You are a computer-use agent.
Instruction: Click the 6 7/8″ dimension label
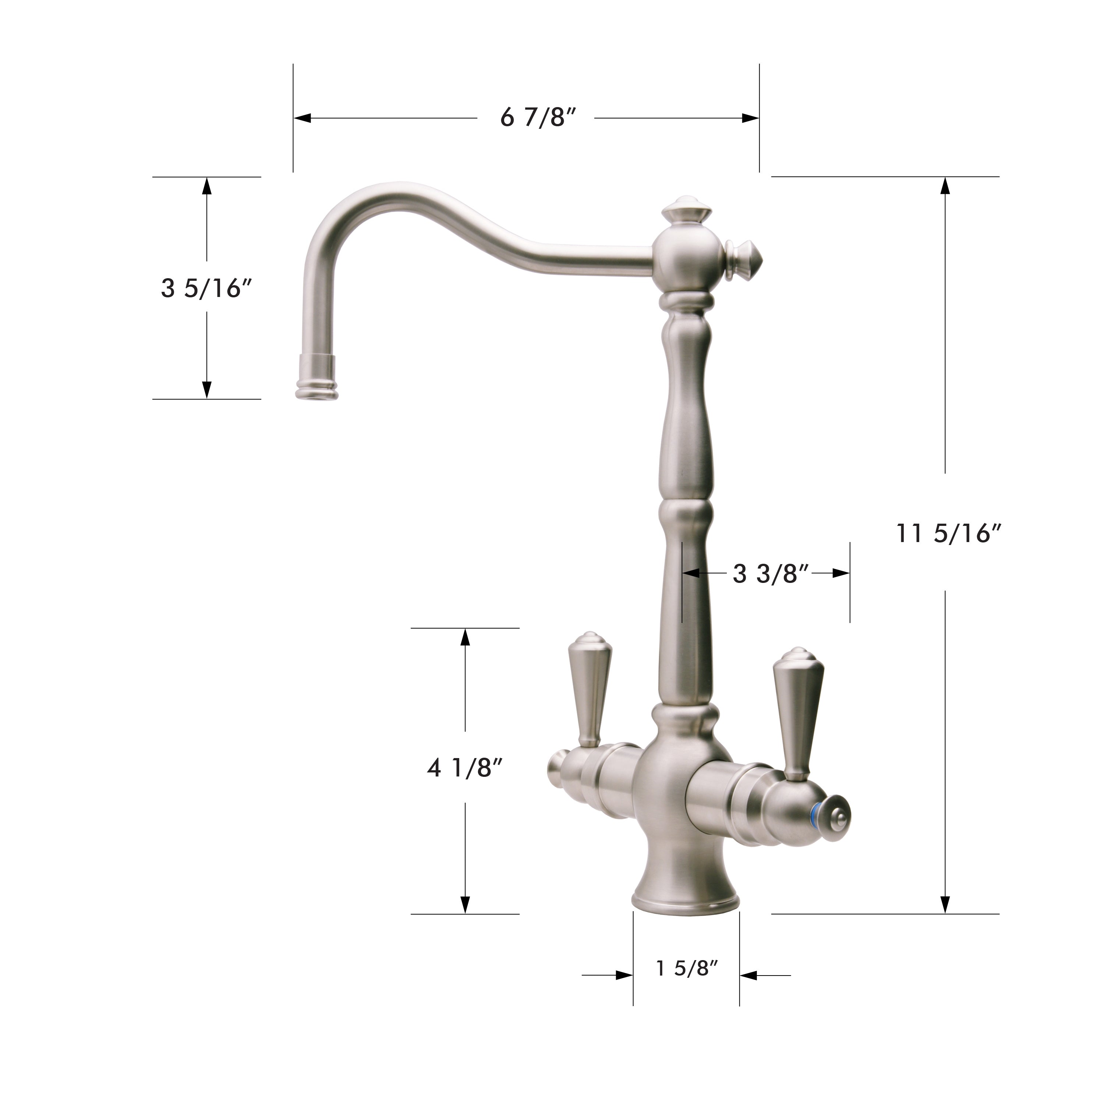tap(537, 118)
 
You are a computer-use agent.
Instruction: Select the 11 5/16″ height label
tap(949, 534)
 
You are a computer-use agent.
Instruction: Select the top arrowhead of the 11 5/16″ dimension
tap(945, 186)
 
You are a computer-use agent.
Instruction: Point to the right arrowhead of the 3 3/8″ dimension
tap(841, 573)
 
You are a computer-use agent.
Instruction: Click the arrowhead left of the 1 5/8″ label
tap(624, 976)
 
